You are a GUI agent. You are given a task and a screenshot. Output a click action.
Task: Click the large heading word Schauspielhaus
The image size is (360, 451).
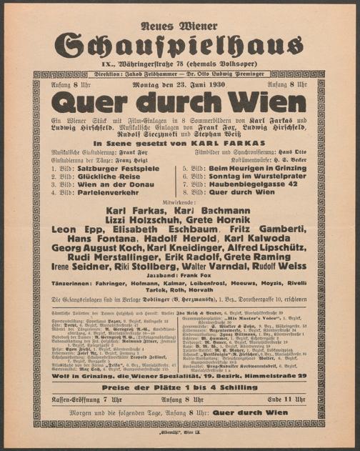(x=179, y=44)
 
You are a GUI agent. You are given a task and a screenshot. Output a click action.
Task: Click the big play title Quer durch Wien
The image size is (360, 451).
(x=179, y=101)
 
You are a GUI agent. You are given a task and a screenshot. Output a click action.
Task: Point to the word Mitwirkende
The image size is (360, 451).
(x=179, y=202)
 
